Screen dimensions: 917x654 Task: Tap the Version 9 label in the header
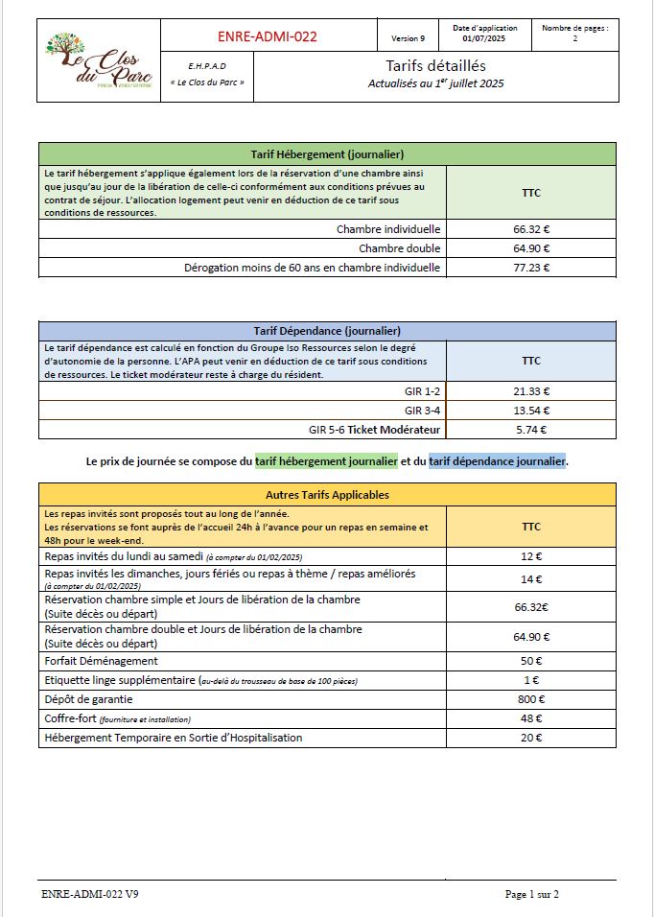coord(408,38)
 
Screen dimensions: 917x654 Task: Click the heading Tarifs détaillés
coord(435,66)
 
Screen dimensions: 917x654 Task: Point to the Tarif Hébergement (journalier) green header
coord(326,153)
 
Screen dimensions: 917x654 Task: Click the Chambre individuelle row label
coord(387,229)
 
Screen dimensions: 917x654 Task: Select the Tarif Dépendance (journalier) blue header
coord(326,331)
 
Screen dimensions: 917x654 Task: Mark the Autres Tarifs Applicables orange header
coord(326,494)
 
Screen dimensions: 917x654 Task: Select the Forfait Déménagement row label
coord(102,661)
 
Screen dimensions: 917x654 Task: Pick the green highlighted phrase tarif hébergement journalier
coord(326,461)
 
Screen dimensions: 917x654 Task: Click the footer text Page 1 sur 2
coord(531,894)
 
